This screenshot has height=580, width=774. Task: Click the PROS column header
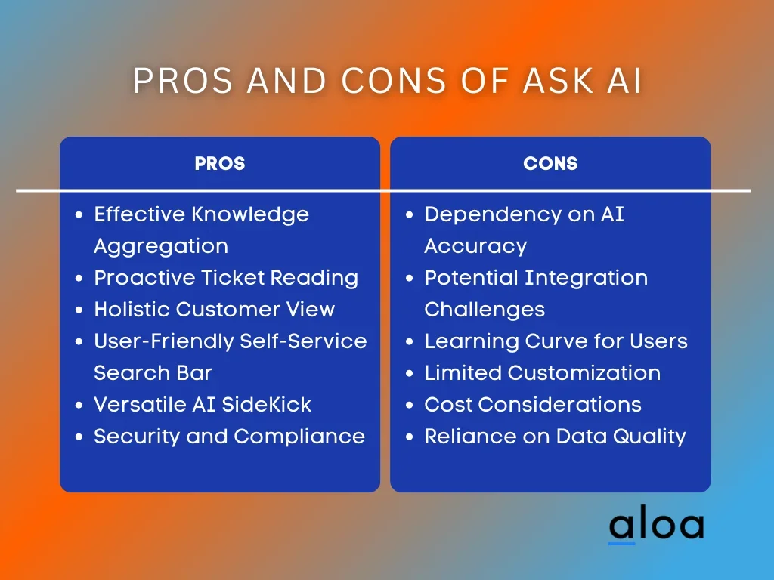click(x=220, y=163)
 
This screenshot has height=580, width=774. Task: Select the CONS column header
click(x=550, y=163)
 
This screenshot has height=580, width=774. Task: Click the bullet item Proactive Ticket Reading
click(x=226, y=278)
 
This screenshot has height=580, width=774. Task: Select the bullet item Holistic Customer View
click(x=214, y=309)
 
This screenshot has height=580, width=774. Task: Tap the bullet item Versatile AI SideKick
click(x=203, y=405)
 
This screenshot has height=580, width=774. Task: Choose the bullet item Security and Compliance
click(x=229, y=437)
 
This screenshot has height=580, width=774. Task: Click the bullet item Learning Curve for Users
click(x=556, y=341)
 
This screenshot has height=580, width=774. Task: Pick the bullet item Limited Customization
click(x=543, y=373)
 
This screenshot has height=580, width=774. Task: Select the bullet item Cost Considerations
click(x=533, y=405)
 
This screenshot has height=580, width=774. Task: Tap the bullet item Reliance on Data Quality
click(x=556, y=437)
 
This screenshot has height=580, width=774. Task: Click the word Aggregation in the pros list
click(x=161, y=247)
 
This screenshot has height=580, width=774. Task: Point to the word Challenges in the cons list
click(x=485, y=310)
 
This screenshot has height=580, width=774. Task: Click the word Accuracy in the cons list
click(x=476, y=247)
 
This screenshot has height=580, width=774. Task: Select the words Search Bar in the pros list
click(x=153, y=373)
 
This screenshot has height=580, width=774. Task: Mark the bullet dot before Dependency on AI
click(x=409, y=215)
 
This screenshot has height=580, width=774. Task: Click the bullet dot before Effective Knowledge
click(x=79, y=215)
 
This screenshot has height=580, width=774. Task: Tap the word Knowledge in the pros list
click(x=249, y=215)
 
